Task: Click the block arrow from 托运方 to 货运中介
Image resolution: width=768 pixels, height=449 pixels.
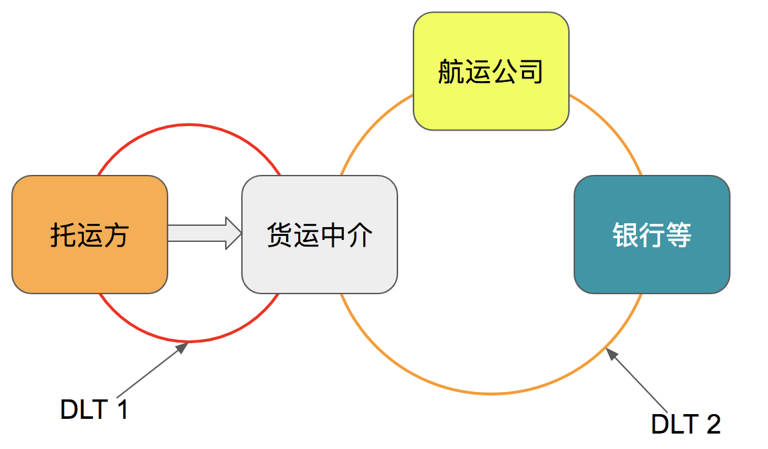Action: click(204, 233)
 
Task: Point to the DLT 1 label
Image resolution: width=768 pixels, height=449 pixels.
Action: click(94, 409)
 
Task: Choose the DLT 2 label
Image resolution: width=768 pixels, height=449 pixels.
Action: click(686, 424)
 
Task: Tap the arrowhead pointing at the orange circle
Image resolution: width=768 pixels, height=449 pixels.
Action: click(611, 354)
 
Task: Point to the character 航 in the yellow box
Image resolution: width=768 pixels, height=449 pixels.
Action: click(451, 72)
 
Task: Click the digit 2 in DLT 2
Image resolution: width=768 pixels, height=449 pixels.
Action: click(712, 424)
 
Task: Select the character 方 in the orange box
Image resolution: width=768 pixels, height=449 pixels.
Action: click(116, 235)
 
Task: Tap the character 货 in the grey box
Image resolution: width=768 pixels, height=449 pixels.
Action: click(280, 235)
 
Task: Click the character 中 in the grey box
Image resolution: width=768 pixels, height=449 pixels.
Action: click(333, 235)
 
